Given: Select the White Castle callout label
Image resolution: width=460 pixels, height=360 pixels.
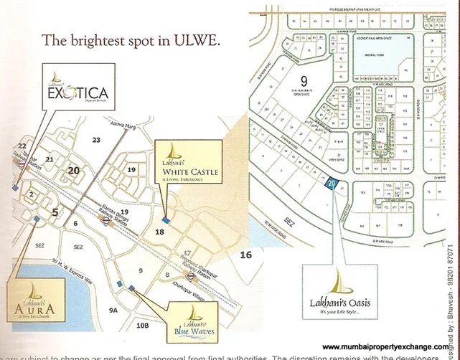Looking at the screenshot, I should [191, 171].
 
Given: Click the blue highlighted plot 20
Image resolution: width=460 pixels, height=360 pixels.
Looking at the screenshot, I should [331, 184].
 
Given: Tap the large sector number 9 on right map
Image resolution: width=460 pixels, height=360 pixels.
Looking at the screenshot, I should [304, 80].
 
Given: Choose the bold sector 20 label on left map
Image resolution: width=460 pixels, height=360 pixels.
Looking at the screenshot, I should [72, 170].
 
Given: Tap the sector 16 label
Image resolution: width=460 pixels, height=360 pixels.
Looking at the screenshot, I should [246, 255].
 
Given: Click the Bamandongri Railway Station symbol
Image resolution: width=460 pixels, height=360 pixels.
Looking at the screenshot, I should [105, 222].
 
